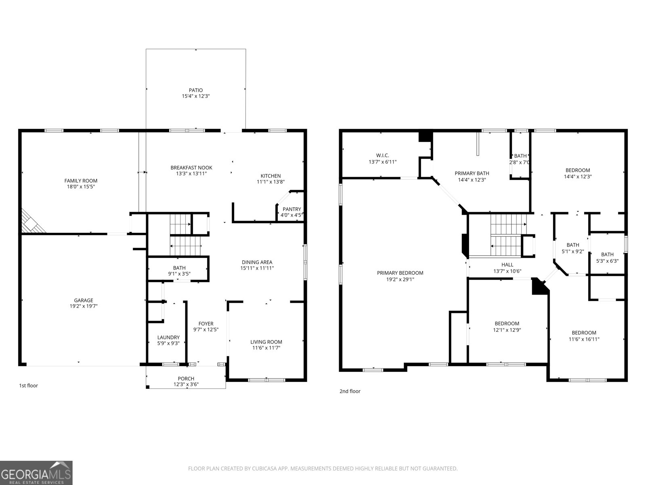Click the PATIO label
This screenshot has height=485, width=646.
[195, 90]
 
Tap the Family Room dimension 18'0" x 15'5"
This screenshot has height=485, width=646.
[81, 187]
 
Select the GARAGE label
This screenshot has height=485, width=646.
[84, 300]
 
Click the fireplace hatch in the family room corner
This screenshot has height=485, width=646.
[31, 222]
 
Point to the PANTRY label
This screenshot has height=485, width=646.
[292, 209]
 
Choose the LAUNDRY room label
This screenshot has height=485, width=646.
[168, 337]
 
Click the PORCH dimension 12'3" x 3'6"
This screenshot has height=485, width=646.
[186, 384]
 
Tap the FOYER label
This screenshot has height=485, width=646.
[206, 324]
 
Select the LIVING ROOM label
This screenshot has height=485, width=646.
[266, 342]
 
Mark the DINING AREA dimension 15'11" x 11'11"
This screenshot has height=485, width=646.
[257, 268]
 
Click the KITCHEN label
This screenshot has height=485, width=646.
[271, 176]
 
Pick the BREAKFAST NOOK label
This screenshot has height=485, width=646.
[191, 168]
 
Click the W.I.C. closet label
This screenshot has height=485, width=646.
[382, 156]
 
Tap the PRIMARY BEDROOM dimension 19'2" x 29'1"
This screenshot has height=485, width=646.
[400, 279]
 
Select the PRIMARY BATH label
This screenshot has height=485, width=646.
[472, 173]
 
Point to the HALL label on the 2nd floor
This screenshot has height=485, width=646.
[507, 265]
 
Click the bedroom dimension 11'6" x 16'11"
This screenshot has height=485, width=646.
[584, 339]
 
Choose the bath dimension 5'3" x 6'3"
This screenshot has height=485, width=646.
[607, 261]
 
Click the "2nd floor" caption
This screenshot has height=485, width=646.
[350, 391]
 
